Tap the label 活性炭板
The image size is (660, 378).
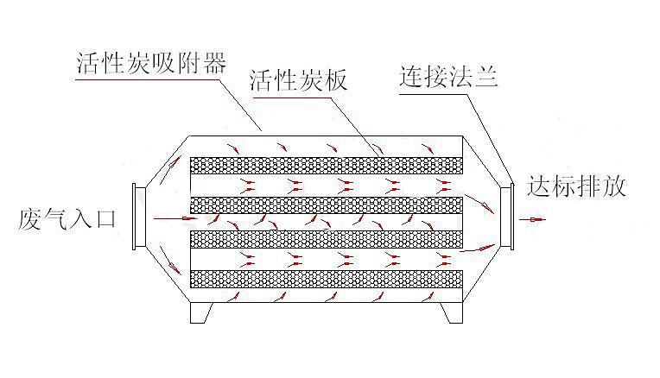(x=298, y=83)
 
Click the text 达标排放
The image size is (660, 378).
(x=578, y=186)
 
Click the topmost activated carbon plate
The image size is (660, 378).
(x=329, y=164)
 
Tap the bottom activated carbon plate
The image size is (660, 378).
(x=329, y=278)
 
